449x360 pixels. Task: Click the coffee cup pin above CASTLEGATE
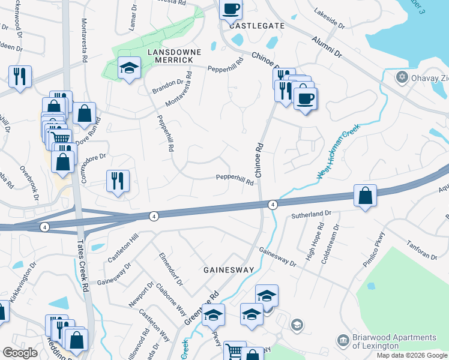(231, 9)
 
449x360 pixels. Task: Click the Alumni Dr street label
(326, 46)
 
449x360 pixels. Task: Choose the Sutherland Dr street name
(311, 214)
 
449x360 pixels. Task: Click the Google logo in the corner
(20, 353)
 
